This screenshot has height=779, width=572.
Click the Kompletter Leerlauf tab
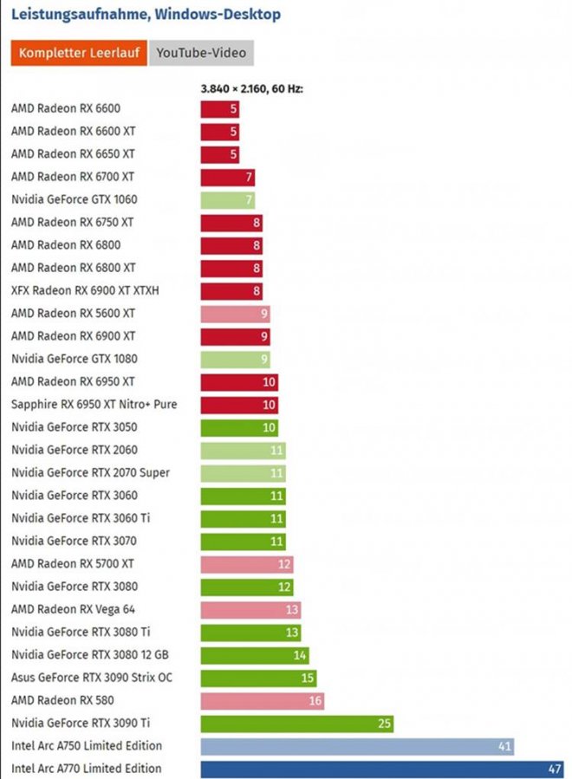click(79, 53)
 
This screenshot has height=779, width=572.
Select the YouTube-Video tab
click(202, 53)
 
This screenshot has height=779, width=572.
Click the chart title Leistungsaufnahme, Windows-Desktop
click(146, 15)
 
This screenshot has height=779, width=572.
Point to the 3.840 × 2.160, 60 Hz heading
click(251, 88)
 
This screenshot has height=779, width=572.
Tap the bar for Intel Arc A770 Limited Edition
click(381, 769)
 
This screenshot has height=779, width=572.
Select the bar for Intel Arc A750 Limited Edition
click(356, 746)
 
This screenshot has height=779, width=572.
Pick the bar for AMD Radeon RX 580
click(262, 700)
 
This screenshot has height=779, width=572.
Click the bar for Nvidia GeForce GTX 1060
click(227, 200)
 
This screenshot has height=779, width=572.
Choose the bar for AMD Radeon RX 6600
click(219, 109)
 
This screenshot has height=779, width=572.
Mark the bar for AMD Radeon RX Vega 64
click(250, 609)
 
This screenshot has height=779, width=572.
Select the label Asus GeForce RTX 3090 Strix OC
click(92, 678)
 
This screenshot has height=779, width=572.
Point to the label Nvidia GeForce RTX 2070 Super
click(91, 473)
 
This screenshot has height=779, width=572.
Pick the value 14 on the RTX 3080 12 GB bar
click(300, 655)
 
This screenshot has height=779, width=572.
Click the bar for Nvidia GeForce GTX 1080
click(235, 359)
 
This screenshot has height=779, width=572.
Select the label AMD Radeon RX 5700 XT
click(74, 564)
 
